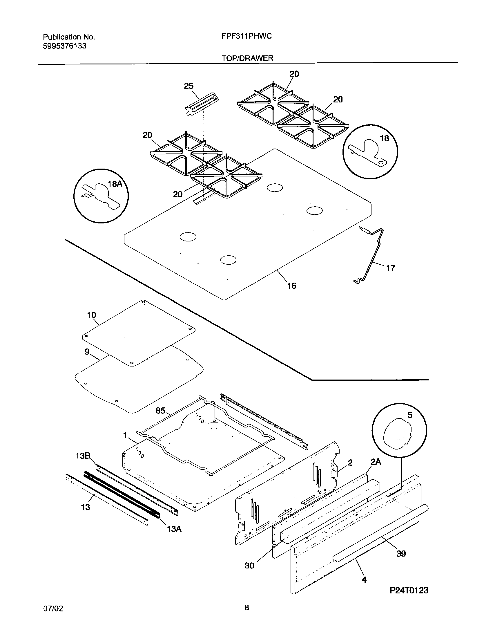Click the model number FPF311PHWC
tap(247, 36)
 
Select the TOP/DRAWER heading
tap(247, 58)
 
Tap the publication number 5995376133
tap(64, 46)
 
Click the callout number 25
tap(188, 86)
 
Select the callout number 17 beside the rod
tap(391, 268)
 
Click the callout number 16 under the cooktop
tap(292, 286)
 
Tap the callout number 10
tap(91, 315)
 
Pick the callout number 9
tap(87, 352)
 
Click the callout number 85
tap(160, 411)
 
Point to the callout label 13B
tap(83, 456)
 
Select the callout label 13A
tap(174, 529)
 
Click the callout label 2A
tap(375, 462)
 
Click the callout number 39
tap(401, 553)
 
